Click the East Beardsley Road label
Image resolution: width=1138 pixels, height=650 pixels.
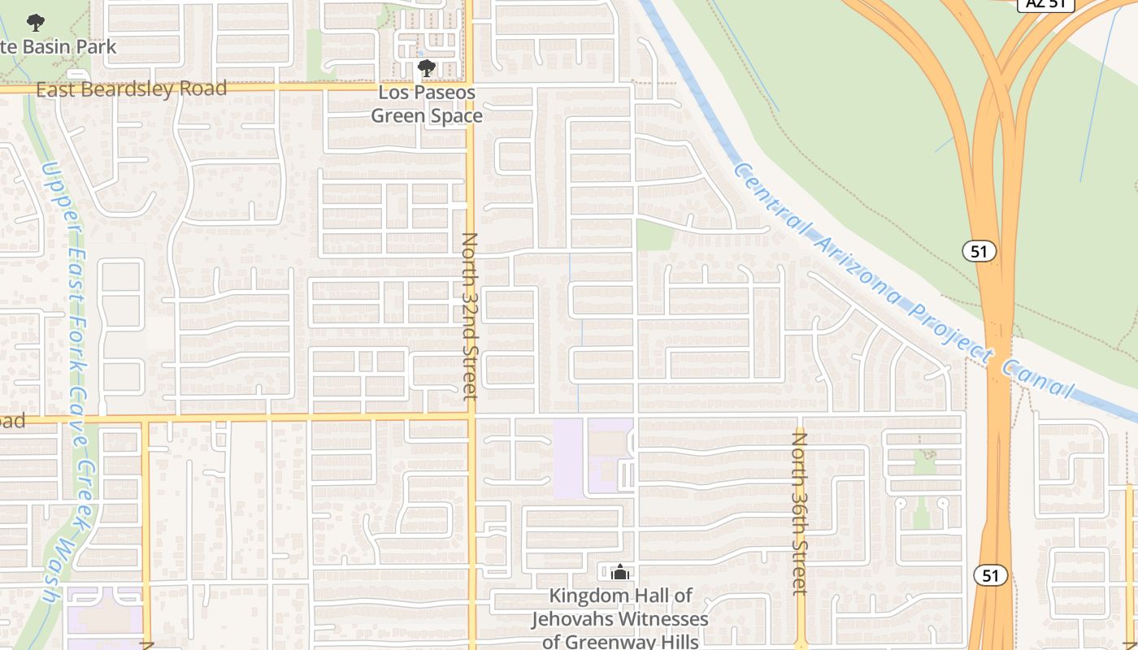coord(131,89)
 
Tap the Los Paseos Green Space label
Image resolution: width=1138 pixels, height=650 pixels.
coord(427,104)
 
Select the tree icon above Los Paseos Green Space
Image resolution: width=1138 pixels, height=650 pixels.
coord(426,68)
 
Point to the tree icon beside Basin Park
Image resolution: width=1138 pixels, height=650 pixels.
coord(35,23)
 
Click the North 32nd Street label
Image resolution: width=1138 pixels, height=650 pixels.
coord(470,316)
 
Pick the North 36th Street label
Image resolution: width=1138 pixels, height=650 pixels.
coord(800,513)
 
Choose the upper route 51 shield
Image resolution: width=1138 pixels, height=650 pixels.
coord(979,251)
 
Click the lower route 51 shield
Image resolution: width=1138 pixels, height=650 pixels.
coord(990,575)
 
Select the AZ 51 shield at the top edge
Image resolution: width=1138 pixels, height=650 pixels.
coord(1046,4)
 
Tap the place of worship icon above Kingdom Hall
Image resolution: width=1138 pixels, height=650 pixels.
coord(620,573)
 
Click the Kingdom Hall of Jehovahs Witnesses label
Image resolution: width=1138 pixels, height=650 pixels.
coord(620,618)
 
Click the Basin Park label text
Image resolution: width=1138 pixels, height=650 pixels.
coord(59,46)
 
